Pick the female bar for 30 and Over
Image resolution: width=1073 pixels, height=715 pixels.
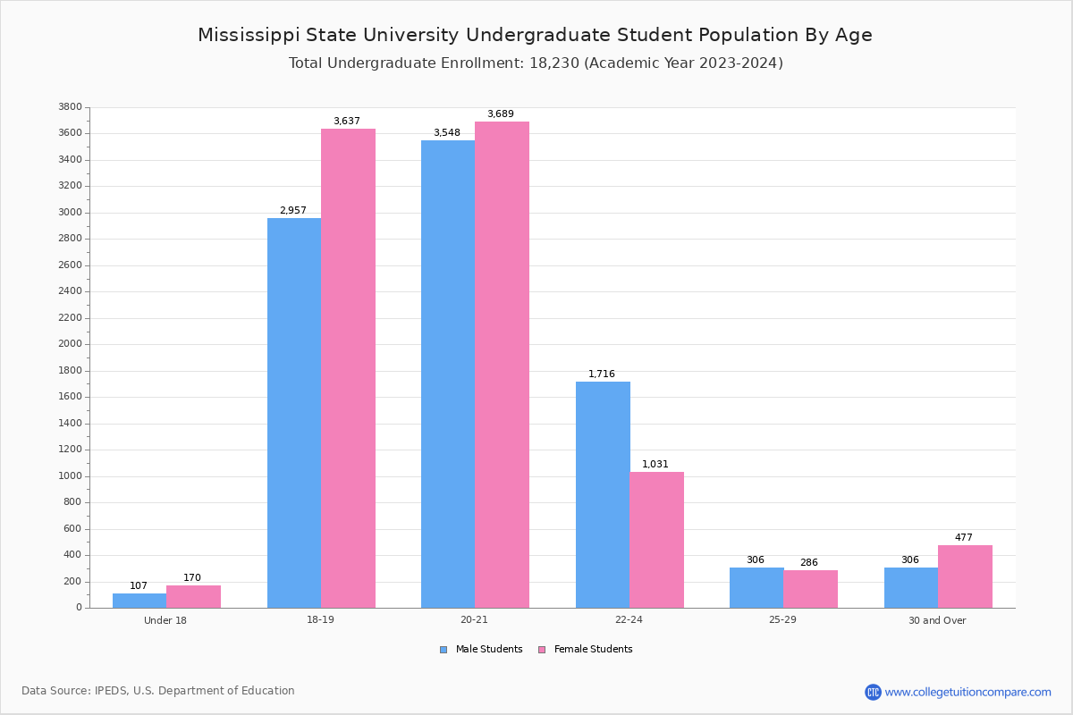(x=965, y=576)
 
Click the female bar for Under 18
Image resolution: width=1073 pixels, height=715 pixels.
(x=193, y=596)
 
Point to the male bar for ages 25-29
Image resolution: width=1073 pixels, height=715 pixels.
(x=756, y=587)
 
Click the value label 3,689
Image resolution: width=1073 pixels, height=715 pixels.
(x=501, y=114)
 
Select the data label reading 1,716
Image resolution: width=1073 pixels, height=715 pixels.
(x=602, y=374)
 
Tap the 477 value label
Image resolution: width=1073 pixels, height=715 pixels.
(x=963, y=538)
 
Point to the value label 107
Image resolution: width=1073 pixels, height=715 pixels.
(x=139, y=586)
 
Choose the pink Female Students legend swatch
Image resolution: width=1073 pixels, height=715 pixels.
(x=542, y=650)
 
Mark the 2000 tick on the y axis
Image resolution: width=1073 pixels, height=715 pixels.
(x=71, y=344)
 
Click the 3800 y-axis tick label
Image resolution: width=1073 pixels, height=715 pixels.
(x=71, y=107)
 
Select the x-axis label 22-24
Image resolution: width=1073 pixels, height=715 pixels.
(x=629, y=620)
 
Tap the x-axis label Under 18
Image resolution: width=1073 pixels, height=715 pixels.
(x=165, y=620)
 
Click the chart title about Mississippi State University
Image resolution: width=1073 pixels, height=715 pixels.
(x=535, y=35)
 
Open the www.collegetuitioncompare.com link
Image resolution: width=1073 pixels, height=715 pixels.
(x=967, y=692)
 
